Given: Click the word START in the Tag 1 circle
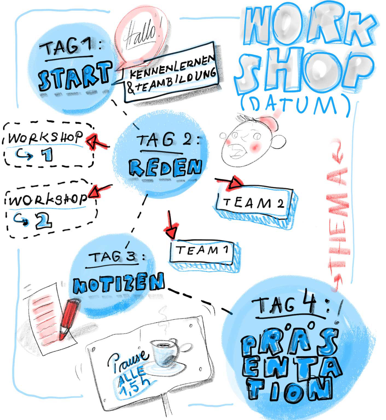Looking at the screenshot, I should pyautogui.click(x=74, y=76).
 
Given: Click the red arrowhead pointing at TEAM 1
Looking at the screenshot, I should pyautogui.click(x=171, y=233).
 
